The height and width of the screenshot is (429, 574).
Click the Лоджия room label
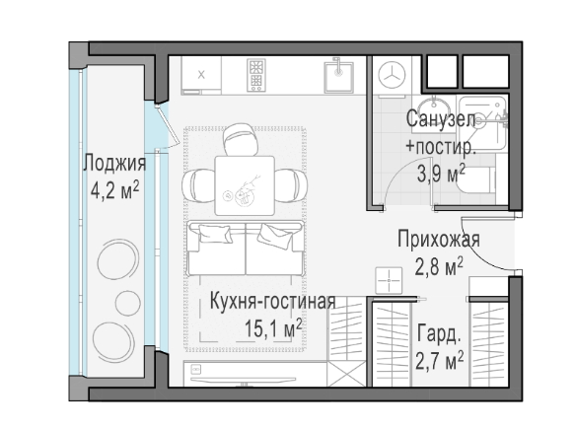coord(114,164)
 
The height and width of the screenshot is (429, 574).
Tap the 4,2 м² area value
coord(115,189)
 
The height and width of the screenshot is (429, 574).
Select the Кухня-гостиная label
coord(273,301)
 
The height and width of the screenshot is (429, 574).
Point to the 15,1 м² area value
coord(273,327)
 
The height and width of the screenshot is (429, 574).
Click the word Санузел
coord(441,119)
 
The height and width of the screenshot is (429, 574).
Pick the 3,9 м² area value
coord(441,174)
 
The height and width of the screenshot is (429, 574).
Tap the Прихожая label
coord(439,240)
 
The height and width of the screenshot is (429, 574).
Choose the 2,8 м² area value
coord(439,266)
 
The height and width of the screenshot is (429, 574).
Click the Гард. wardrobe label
coord(439,333)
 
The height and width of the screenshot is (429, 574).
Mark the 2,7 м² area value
coord(439,360)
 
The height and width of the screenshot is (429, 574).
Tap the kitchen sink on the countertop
coord(338,76)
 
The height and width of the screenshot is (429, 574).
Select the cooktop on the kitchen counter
coord(255,75)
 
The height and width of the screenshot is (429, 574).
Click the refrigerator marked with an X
coord(201,75)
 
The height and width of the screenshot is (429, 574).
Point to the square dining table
coord(245,185)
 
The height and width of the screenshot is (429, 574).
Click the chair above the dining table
coord(238,139)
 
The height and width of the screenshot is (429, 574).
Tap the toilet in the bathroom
coord(476,180)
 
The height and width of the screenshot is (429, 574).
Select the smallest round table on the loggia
coord(128,303)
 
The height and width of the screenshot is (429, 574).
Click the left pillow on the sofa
coord(215,234)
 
